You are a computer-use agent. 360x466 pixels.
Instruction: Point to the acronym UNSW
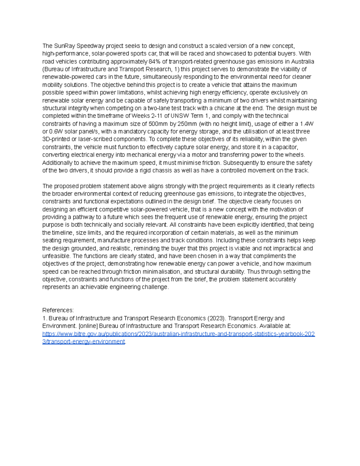point(179,116)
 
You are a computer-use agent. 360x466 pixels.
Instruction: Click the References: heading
point(58,310)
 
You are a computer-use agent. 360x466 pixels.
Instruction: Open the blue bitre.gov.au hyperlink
point(178,334)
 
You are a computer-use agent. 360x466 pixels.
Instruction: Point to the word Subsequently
point(245,163)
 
